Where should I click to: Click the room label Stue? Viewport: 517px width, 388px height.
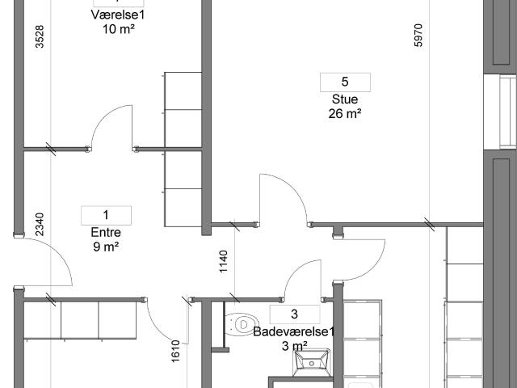[345, 99]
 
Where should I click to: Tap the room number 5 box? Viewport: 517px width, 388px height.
[345, 82]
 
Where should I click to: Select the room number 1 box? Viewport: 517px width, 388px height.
[106, 216]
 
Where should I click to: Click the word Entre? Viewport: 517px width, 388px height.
[106, 232]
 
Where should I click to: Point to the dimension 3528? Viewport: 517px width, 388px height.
[40, 36]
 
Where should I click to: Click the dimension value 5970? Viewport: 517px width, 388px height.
[418, 36]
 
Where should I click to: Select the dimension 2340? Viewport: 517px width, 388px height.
[40, 225]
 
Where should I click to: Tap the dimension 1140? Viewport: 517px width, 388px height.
[224, 262]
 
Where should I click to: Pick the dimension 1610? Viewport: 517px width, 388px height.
[175, 351]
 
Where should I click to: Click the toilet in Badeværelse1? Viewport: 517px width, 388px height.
[241, 325]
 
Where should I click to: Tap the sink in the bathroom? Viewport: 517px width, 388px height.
[312, 362]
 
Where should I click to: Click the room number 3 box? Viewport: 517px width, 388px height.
[295, 314]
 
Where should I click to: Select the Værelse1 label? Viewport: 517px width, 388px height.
[118, 15]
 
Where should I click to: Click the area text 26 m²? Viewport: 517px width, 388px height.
[345, 114]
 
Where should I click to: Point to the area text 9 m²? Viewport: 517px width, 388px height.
[106, 247]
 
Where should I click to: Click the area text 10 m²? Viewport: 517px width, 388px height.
[119, 29]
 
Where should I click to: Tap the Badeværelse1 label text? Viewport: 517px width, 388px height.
[294, 331]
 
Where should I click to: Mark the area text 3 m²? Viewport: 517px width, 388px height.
[295, 346]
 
